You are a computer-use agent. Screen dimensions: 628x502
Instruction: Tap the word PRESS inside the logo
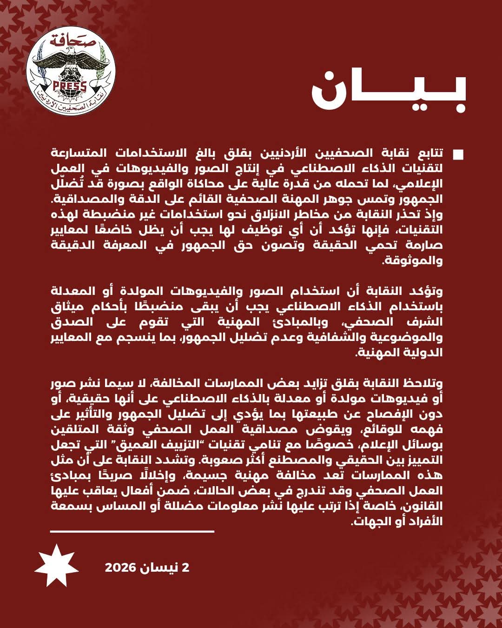coord(70,86)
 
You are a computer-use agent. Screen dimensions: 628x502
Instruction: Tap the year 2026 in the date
coord(120,568)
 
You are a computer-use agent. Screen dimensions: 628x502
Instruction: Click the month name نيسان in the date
coord(160,568)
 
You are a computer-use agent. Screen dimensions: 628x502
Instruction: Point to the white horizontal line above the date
coord(132,531)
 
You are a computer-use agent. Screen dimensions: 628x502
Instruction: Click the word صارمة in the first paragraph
coord(424,246)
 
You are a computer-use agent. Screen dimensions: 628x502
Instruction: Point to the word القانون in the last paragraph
coord(424,506)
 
